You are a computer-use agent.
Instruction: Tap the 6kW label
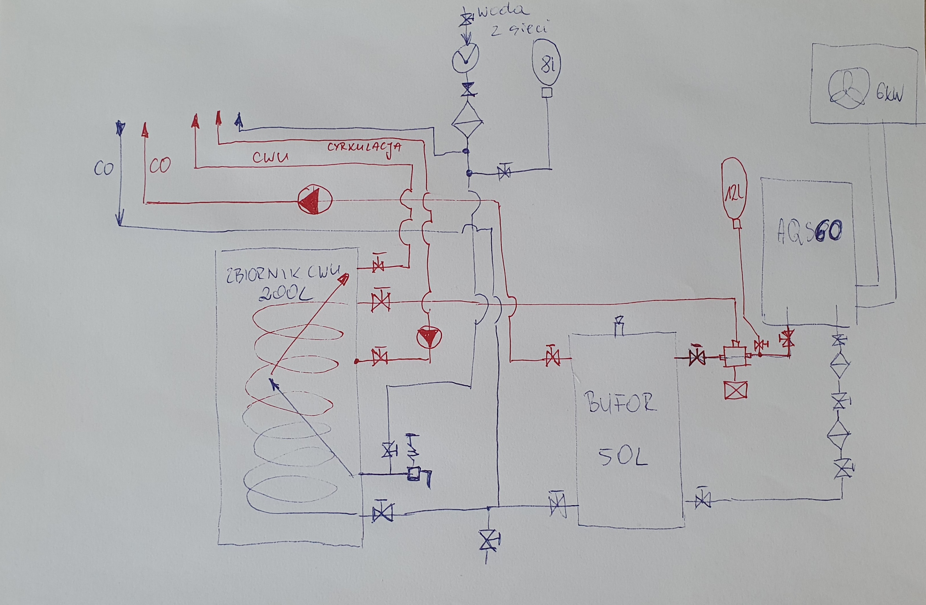(x=890, y=94)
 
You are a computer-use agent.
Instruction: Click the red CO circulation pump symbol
(x=315, y=201)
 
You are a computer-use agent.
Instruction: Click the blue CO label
(x=103, y=169)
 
